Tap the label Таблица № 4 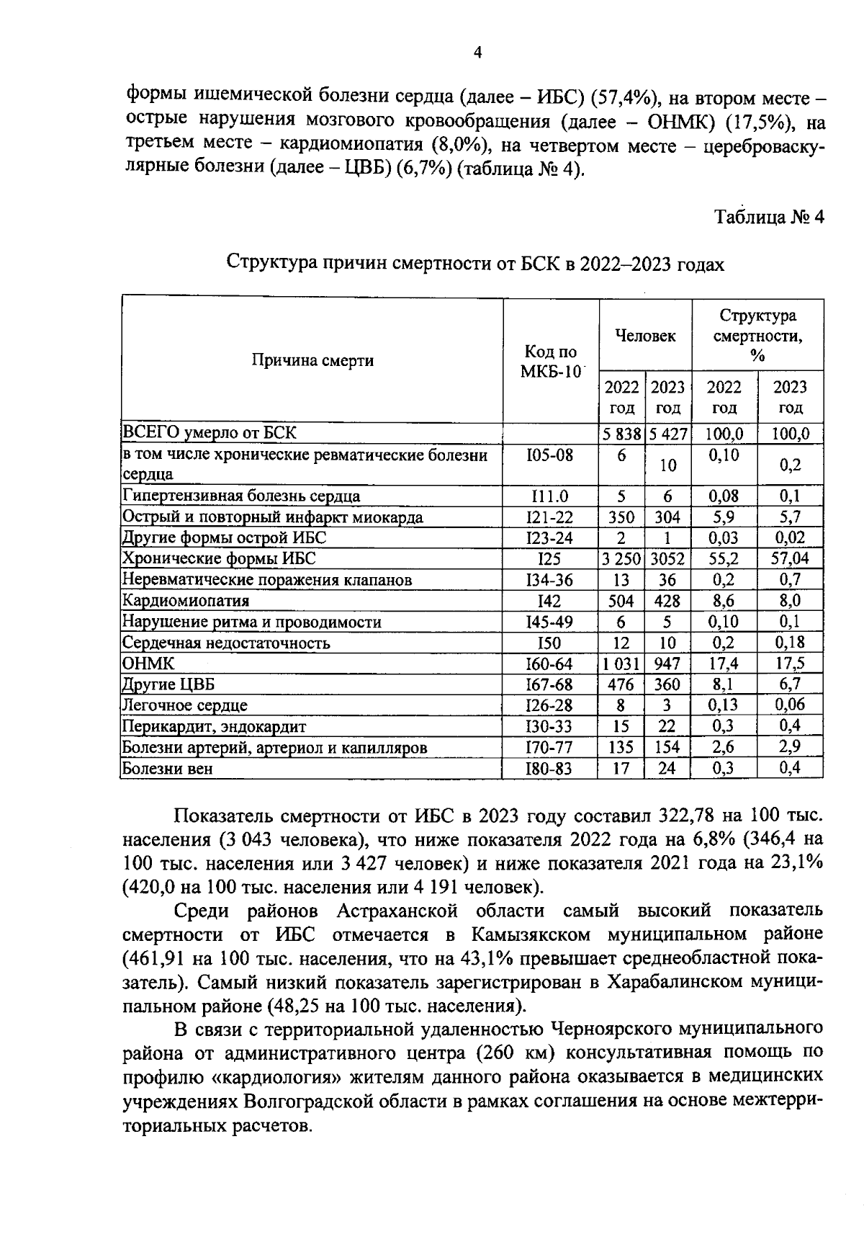[768, 217]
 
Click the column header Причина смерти [312, 360]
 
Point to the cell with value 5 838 [621, 434]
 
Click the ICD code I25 [549, 559]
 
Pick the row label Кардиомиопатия [186, 601]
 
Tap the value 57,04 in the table [790, 559]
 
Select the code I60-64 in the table [549, 664]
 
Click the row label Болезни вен [168, 769]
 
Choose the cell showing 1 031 [621, 664]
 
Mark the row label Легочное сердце [185, 705]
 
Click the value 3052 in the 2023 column [667, 559]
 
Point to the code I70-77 [549, 748]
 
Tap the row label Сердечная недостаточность [226, 643]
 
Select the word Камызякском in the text [531, 935]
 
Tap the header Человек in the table [645, 335]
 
